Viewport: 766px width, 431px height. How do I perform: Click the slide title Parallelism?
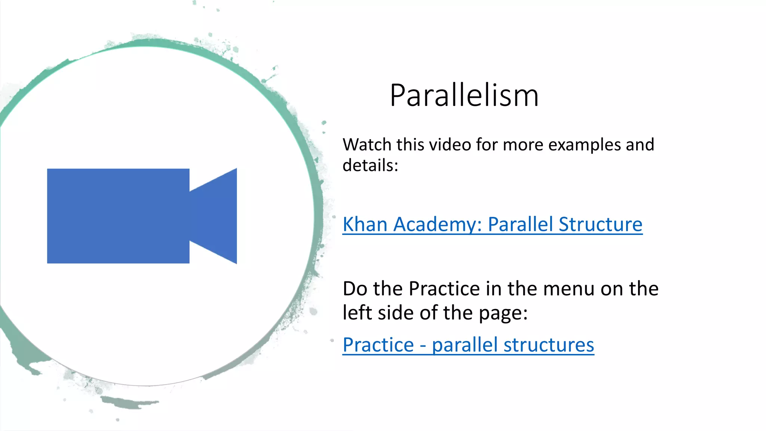point(464,96)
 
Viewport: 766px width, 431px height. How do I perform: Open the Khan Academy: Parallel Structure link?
point(492,224)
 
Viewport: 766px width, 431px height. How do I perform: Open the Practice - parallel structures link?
point(468,345)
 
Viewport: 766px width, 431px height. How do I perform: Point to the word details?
point(370,165)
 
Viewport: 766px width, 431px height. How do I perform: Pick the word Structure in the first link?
point(600,224)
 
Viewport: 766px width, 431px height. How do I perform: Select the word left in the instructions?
point(358,312)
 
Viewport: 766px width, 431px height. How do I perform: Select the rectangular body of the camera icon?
point(118,216)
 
